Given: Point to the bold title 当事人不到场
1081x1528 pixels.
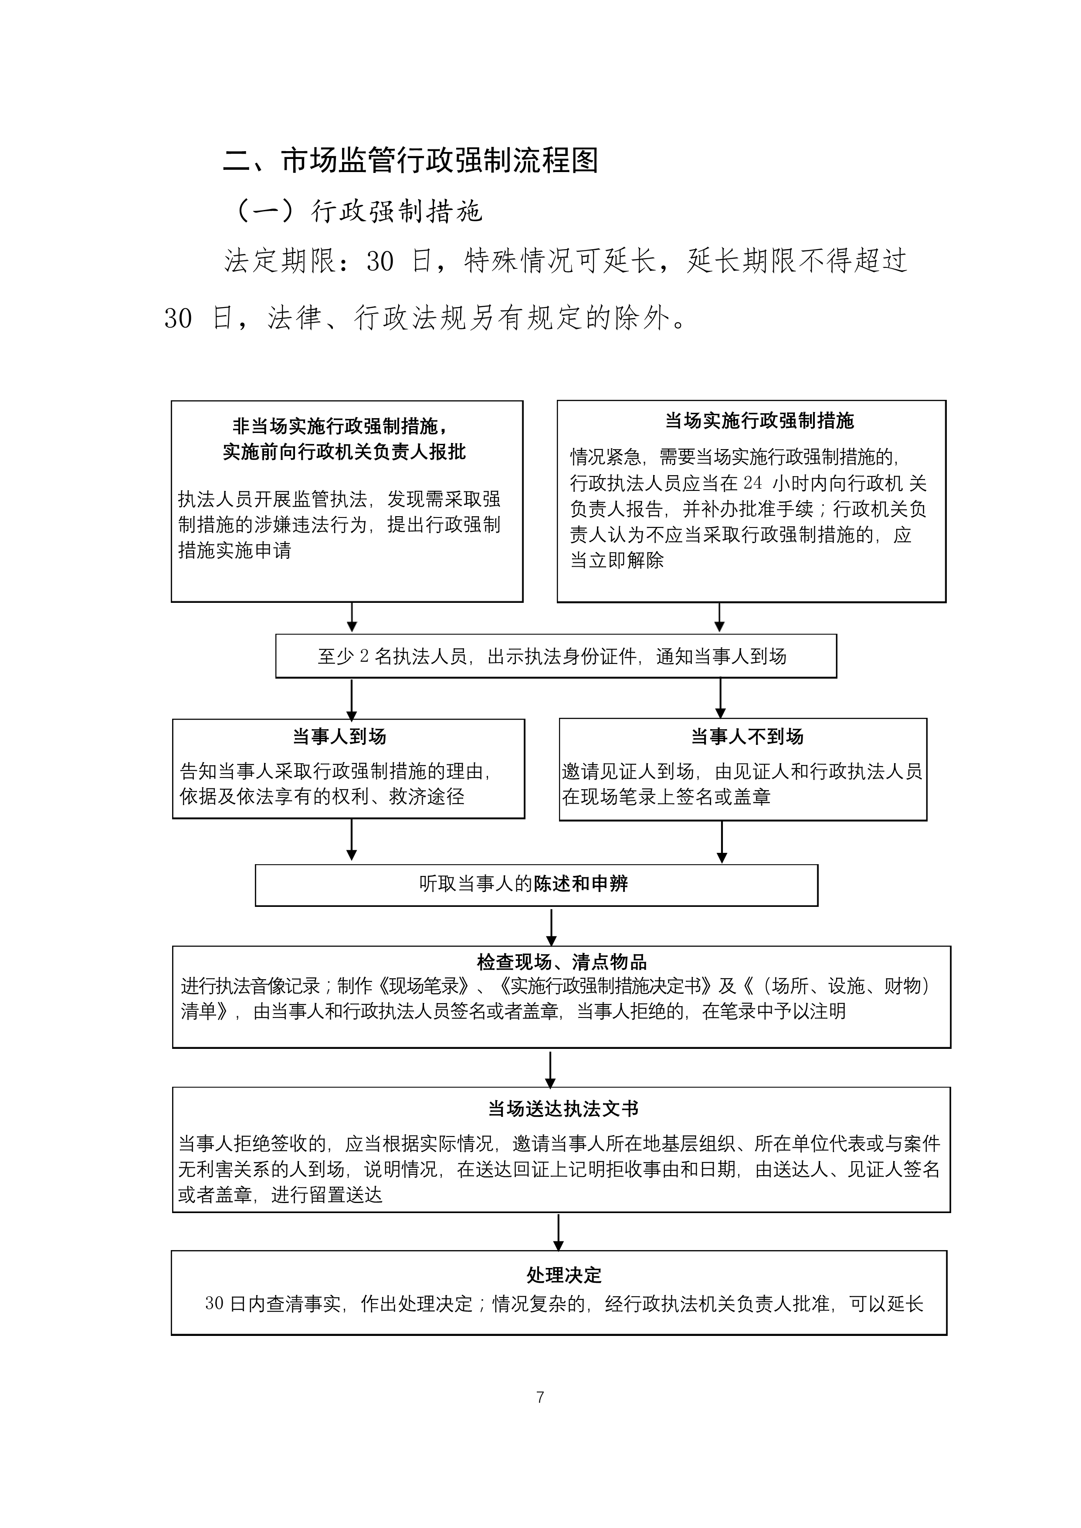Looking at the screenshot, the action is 747,737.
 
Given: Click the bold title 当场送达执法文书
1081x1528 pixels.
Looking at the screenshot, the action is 563,1109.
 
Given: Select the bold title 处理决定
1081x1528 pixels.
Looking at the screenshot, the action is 564,1275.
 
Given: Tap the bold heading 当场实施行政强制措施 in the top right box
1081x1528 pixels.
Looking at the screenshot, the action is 759,421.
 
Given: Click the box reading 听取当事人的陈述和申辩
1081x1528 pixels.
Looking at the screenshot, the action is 536,885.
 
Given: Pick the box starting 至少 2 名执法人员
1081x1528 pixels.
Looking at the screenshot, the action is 556,656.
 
